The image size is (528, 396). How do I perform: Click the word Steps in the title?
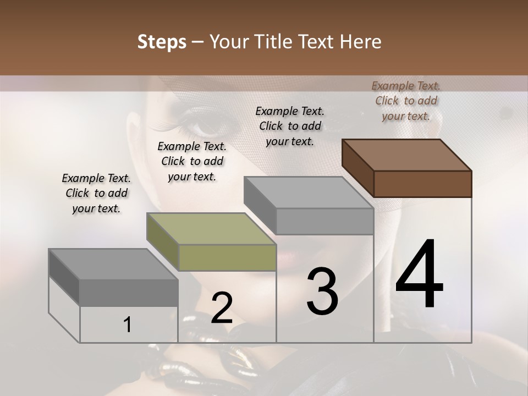(162, 42)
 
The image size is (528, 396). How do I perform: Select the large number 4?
(419, 274)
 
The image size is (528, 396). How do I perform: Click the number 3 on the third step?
(322, 291)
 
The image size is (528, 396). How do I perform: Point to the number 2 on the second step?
(222, 309)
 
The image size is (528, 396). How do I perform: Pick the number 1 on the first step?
(127, 325)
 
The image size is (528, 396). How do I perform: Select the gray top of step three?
(309, 193)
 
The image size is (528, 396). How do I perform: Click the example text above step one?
(96, 193)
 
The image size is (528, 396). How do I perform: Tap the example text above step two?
(192, 161)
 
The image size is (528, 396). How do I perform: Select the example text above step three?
(290, 126)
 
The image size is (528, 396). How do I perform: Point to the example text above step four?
(406, 101)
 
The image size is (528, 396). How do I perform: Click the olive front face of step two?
(227, 257)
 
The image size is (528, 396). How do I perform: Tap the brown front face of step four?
(422, 184)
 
